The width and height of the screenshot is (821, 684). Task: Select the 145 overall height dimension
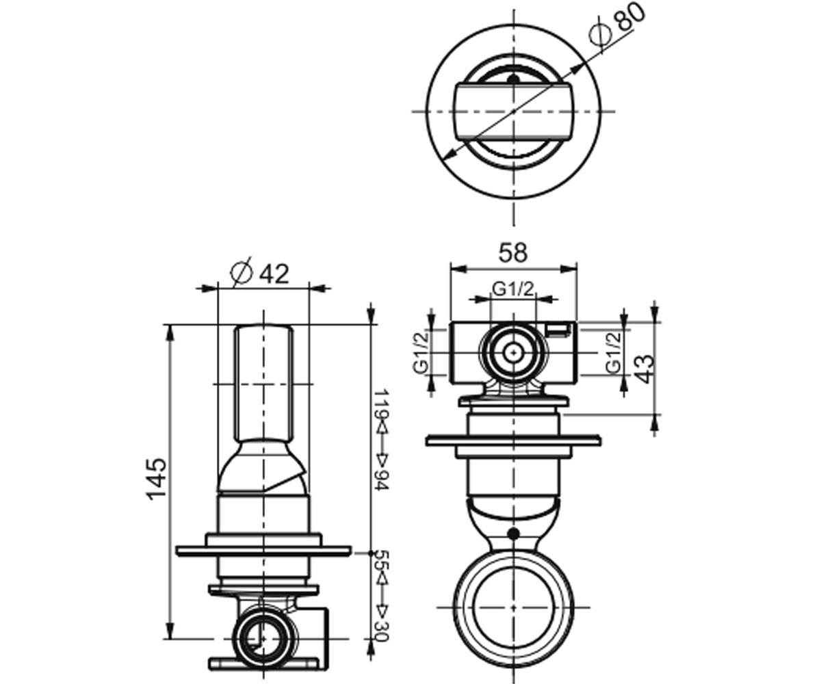tap(157, 479)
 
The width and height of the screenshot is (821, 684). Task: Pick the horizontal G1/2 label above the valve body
tap(513, 289)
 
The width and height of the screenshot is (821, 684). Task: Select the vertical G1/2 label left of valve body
tap(420, 352)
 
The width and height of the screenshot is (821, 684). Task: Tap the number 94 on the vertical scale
tap(380, 479)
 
